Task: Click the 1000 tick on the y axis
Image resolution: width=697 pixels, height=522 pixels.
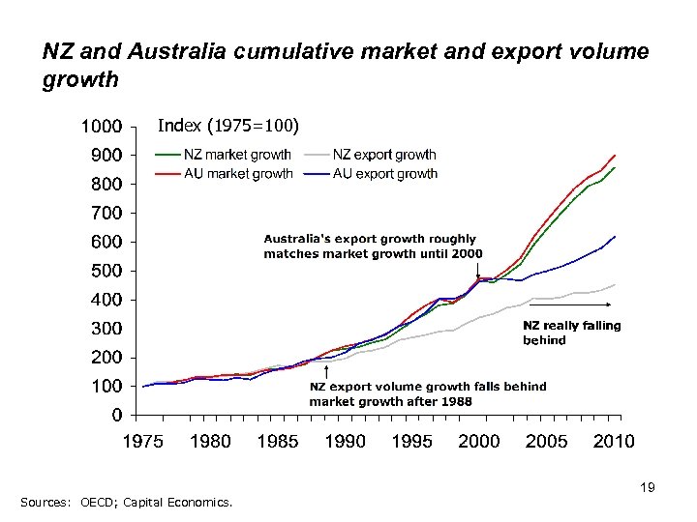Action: (101, 126)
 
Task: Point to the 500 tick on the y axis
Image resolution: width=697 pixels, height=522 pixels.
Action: (106, 271)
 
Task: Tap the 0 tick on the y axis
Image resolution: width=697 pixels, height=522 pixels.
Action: (115, 416)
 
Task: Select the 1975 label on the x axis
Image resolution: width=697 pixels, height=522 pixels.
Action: (142, 442)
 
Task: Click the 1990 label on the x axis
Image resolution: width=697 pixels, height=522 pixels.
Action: (345, 442)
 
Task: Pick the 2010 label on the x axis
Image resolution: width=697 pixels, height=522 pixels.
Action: (614, 442)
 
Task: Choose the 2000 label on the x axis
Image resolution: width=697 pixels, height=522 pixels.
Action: (479, 442)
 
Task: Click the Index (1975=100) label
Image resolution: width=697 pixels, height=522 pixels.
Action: (228, 126)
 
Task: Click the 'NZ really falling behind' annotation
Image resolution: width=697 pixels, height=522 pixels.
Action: (571, 333)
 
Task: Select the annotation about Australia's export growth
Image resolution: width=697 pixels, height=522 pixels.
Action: (373, 246)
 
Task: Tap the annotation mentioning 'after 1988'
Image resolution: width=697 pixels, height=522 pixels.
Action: (427, 393)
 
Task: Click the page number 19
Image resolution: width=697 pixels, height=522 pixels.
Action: (648, 488)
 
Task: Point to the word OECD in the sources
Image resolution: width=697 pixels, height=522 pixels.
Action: (92, 501)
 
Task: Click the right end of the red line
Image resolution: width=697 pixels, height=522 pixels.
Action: (615, 155)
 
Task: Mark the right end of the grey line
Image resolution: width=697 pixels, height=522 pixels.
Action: (615, 284)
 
